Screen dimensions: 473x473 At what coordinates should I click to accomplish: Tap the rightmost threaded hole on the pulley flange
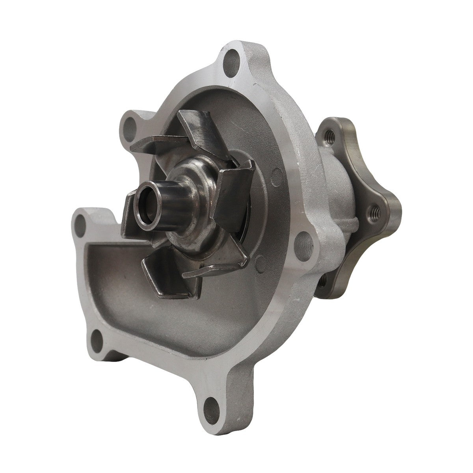pos(372,216)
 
